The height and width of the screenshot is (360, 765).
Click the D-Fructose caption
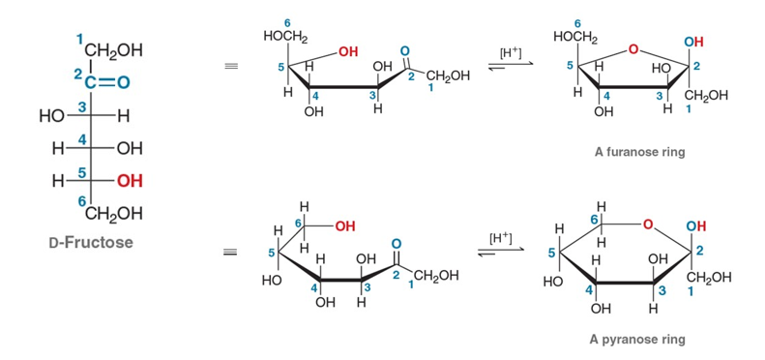91,242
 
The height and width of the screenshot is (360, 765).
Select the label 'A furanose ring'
639,152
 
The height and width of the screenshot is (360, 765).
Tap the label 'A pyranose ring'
636,339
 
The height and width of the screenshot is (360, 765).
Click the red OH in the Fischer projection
130,181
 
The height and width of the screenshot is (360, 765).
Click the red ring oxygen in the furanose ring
633,48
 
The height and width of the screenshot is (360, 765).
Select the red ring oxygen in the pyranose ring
647,225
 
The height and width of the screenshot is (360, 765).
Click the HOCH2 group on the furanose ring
575,37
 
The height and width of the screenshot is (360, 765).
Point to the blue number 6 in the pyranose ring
593,220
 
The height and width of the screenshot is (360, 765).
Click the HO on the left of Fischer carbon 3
50,116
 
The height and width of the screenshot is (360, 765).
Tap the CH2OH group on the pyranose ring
709,278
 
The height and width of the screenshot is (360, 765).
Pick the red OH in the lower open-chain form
344,226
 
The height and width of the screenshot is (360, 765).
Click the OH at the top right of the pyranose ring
695,225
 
